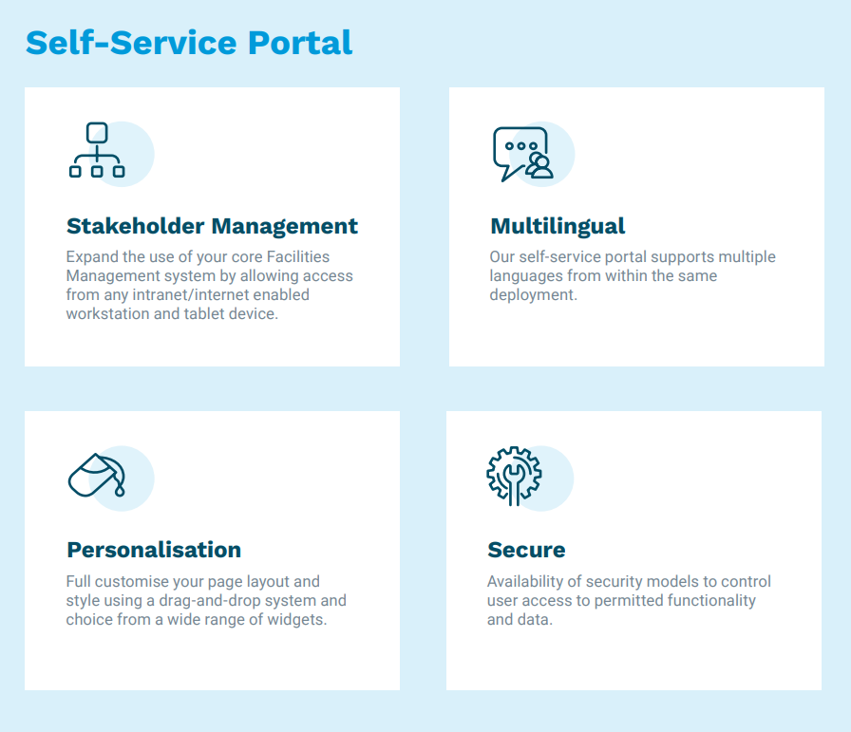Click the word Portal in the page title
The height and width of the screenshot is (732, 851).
pyautogui.click(x=300, y=43)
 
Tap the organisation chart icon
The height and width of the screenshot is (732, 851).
pyautogui.click(x=97, y=150)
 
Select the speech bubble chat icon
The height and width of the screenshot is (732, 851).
pyautogui.click(x=523, y=154)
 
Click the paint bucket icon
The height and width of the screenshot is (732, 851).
pyautogui.click(x=97, y=475)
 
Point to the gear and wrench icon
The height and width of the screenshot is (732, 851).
pyautogui.click(x=514, y=476)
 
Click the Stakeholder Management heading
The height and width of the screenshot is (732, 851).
pyautogui.click(x=212, y=226)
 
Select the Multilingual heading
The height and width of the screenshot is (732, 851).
pyautogui.click(x=558, y=226)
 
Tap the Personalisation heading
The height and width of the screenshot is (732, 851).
pyautogui.click(x=154, y=550)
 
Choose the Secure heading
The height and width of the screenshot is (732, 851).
pyautogui.click(x=526, y=550)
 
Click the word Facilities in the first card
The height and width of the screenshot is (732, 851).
pyautogui.click(x=298, y=256)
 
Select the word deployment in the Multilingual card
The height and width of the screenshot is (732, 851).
pyautogui.click(x=534, y=295)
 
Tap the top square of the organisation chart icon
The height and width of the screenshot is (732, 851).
pyautogui.click(x=97, y=133)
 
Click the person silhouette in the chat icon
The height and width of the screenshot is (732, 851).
pyautogui.click(x=540, y=166)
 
